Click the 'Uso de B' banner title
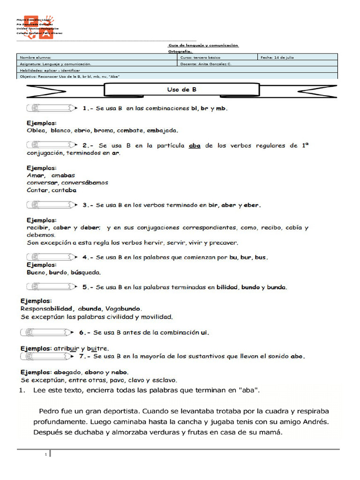coord(181,89)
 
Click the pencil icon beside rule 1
coord(52,108)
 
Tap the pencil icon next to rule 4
coord(52,257)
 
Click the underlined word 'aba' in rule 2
coord(195,146)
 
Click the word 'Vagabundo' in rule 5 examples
coord(123,308)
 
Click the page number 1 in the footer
coord(46,454)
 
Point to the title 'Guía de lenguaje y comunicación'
coord(203,45)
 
